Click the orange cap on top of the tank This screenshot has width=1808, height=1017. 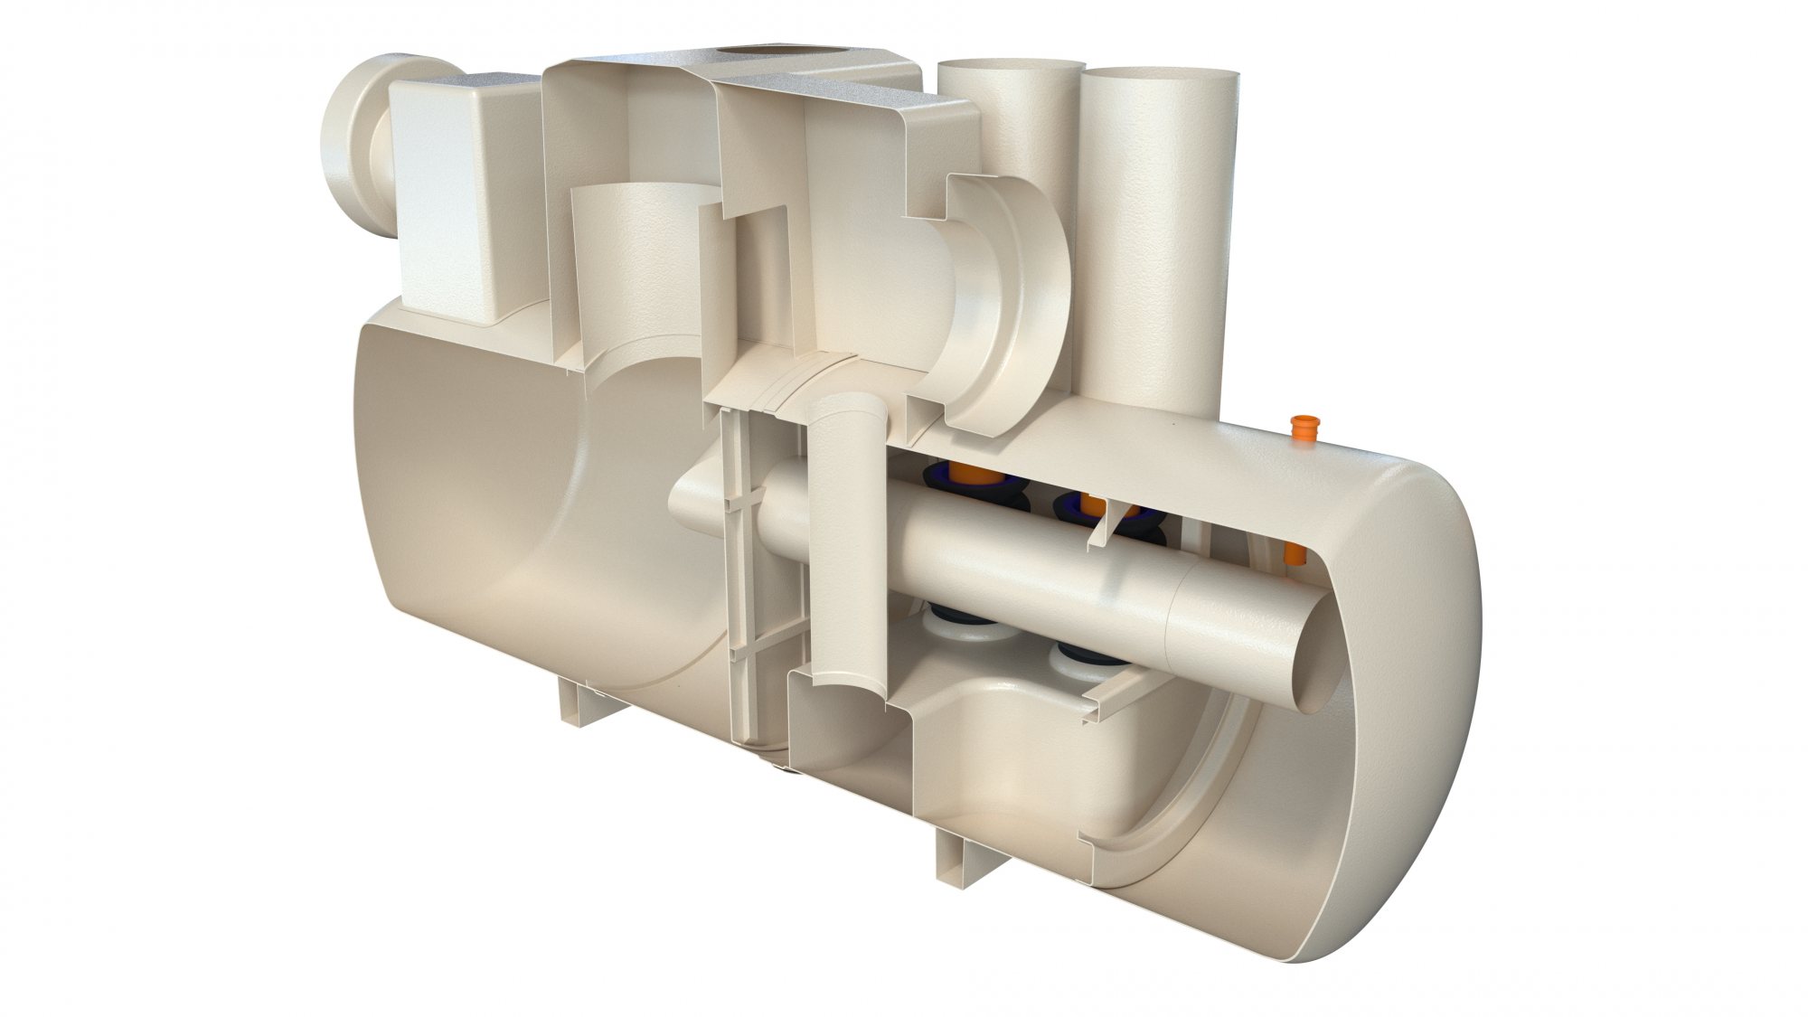click(x=1301, y=428)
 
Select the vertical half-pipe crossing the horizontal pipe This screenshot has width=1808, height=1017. click(x=845, y=542)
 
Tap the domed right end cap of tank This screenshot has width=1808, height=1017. click(x=1419, y=633)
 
